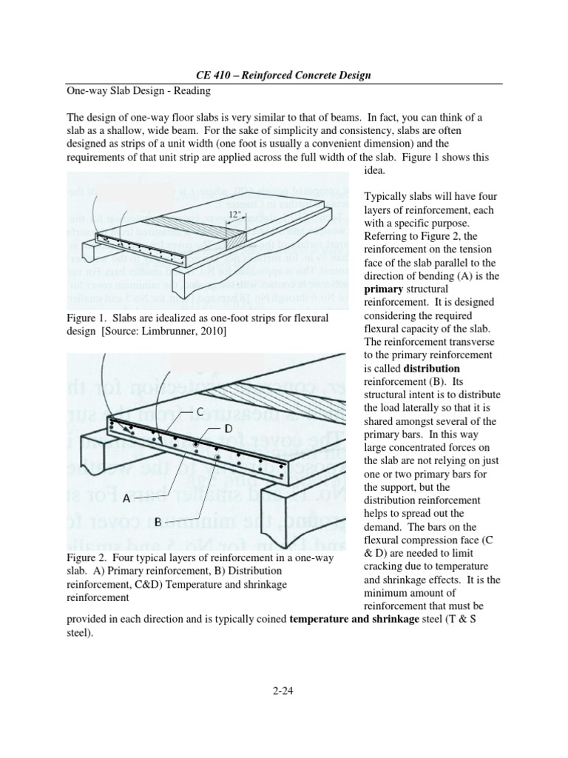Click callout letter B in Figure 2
[158, 521]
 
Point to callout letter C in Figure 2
[200, 411]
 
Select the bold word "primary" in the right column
[387, 290]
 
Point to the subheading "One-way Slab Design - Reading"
[134, 91]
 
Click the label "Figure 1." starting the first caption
[88, 318]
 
